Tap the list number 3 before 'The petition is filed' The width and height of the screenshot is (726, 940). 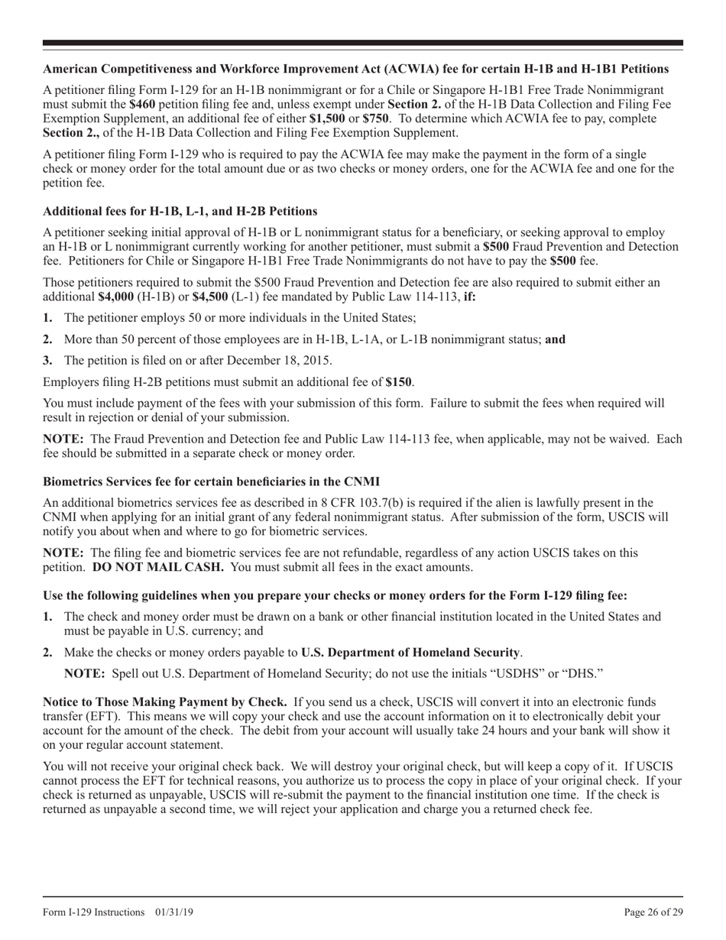(x=48, y=360)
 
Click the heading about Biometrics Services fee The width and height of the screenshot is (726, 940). (x=211, y=482)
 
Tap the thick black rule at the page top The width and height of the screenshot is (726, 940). (x=363, y=43)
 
